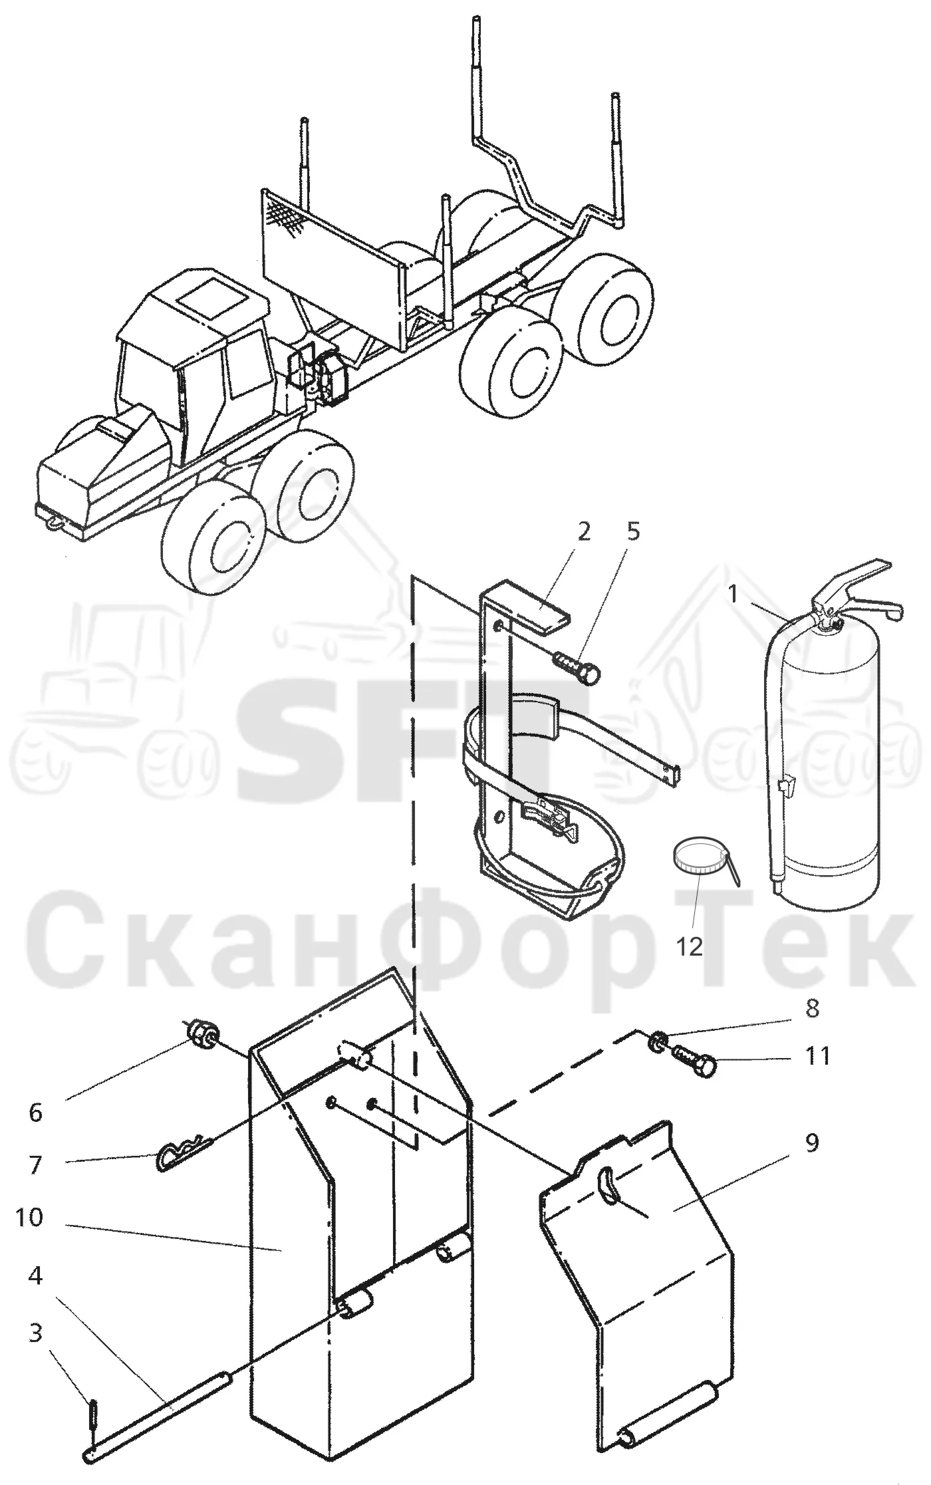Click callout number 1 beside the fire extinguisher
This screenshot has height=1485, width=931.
[x=733, y=594]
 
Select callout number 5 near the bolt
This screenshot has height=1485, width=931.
[x=634, y=533]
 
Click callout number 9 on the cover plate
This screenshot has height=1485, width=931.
[x=812, y=1145]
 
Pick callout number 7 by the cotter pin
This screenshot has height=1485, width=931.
[x=35, y=1164]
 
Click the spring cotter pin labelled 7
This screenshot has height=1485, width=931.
[x=184, y=1151]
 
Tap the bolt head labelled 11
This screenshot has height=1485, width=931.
[x=707, y=1066]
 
